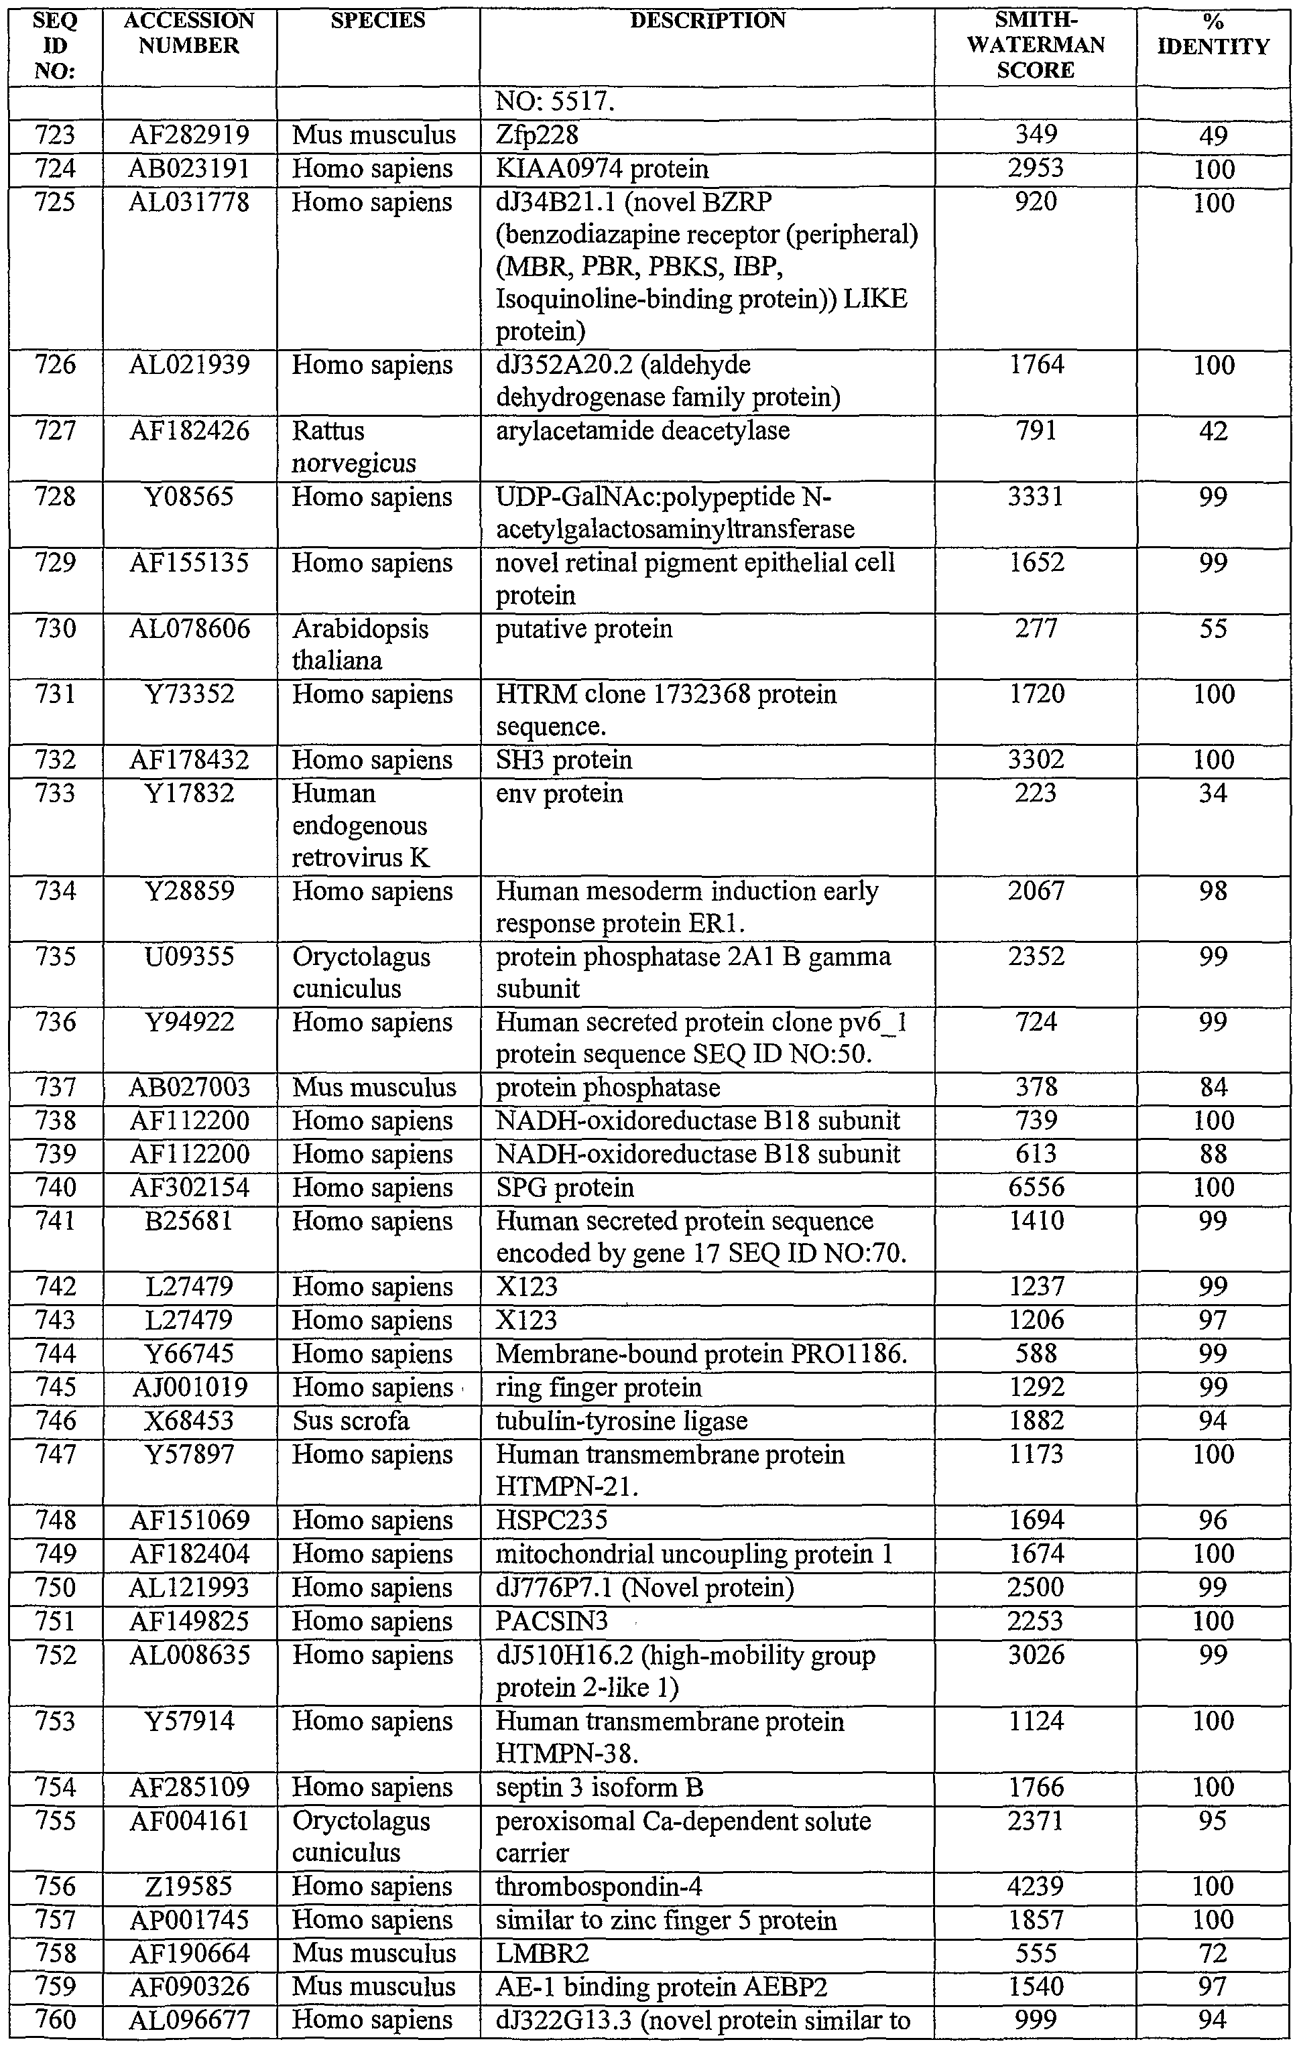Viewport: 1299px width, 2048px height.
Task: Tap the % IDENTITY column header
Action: [x=1213, y=35]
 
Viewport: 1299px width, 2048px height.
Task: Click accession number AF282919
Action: [x=189, y=135]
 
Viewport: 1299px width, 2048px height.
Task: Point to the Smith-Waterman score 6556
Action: [x=1036, y=1188]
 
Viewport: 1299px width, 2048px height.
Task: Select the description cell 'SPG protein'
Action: [x=565, y=1188]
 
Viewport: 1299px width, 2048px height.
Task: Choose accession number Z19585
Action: [x=189, y=1886]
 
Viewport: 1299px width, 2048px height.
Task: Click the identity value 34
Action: [x=1213, y=793]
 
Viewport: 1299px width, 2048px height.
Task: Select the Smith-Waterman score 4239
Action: [x=1036, y=1886]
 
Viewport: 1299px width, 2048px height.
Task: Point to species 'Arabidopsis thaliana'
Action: [x=361, y=645]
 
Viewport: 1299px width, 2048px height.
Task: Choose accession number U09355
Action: [x=189, y=957]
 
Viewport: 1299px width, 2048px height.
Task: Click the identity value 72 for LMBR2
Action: [x=1213, y=1953]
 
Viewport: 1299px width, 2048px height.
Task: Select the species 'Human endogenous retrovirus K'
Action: [x=361, y=826]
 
